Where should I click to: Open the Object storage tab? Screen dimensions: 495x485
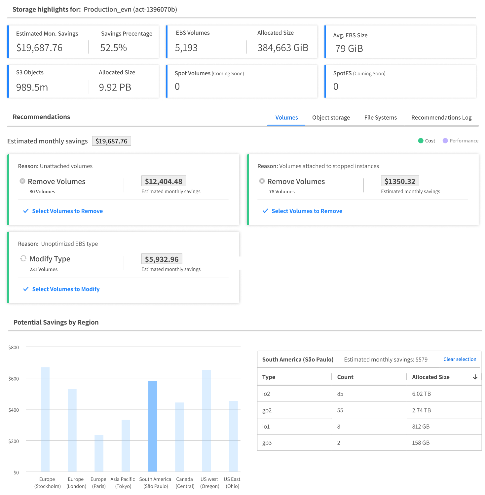(331, 118)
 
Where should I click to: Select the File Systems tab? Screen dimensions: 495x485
(380, 118)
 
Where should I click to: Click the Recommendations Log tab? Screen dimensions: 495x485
(441, 118)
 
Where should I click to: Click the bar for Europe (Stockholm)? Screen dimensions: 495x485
(45, 419)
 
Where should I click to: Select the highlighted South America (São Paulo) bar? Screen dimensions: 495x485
(153, 426)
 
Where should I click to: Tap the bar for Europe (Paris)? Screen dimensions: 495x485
(99, 453)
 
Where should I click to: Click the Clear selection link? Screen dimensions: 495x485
(460, 359)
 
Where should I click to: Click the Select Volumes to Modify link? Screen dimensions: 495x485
(66, 289)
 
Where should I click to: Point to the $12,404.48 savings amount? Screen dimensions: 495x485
(164, 181)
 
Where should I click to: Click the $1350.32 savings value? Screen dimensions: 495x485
(400, 181)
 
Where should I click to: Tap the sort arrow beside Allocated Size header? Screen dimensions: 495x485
(475, 377)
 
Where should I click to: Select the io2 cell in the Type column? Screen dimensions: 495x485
(266, 394)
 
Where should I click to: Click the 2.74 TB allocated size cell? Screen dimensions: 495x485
(421, 410)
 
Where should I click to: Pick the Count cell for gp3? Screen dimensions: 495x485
(339, 443)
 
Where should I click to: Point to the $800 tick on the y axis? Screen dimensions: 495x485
(14, 348)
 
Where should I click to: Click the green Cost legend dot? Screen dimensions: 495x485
(421, 141)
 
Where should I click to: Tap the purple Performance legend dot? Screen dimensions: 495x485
(445, 141)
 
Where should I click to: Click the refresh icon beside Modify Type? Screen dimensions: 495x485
(23, 258)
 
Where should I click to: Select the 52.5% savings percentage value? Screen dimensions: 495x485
(113, 48)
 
